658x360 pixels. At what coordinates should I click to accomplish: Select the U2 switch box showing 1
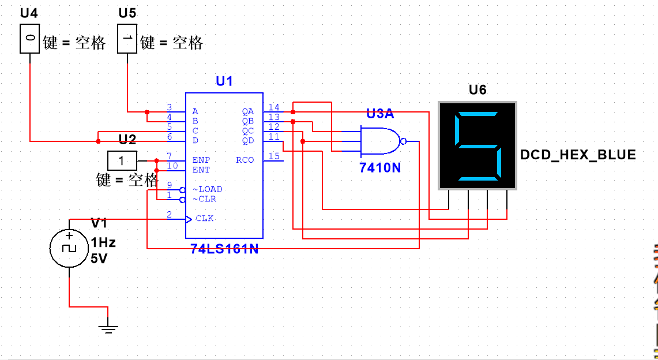click(122, 160)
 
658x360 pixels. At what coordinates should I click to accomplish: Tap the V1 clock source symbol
click(69, 248)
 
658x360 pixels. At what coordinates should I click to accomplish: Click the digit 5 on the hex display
click(477, 146)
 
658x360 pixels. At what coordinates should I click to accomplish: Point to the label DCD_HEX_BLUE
click(578, 155)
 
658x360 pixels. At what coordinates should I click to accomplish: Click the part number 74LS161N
click(224, 249)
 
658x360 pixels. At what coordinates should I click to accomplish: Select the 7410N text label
click(379, 168)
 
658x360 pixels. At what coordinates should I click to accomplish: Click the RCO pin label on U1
click(245, 160)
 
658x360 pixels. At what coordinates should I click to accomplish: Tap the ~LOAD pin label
click(208, 189)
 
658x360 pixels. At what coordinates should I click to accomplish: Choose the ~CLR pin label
click(205, 199)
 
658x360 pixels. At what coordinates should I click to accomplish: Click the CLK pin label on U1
click(205, 219)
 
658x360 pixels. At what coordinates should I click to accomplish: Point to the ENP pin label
click(201, 160)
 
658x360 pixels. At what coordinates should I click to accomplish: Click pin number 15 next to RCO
click(274, 156)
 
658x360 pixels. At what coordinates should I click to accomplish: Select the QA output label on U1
click(248, 111)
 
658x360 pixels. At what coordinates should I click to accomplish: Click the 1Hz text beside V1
click(103, 243)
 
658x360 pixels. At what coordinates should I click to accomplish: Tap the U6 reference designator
click(477, 90)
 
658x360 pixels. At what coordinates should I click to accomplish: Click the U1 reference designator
click(224, 81)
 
